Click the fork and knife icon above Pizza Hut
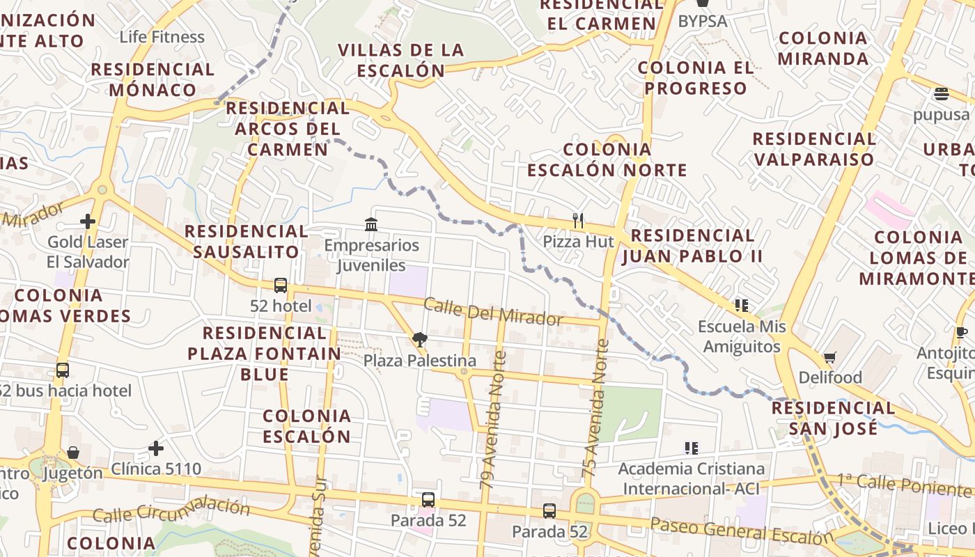pyautogui.click(x=577, y=221)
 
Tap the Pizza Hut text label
pyautogui.click(x=579, y=242)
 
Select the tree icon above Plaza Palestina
pyautogui.click(x=419, y=339)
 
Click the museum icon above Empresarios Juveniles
pyautogui.click(x=371, y=224)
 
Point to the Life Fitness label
pyautogui.click(x=162, y=37)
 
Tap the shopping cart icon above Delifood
pyautogui.click(x=829, y=357)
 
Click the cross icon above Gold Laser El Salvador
pyautogui.click(x=88, y=221)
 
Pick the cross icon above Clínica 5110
pyautogui.click(x=156, y=448)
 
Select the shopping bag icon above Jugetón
pyautogui.click(x=73, y=453)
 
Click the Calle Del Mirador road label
pyautogui.click(x=492, y=311)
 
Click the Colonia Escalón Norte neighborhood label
pyautogui.click(x=607, y=159)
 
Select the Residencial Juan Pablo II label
pyautogui.click(x=692, y=245)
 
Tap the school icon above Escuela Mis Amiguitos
pyautogui.click(x=742, y=305)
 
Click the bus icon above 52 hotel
pyautogui.click(x=281, y=285)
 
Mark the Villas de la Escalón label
pyautogui.click(x=400, y=60)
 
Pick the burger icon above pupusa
pyautogui.click(x=942, y=94)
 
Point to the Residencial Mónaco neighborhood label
pyautogui.click(x=153, y=79)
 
